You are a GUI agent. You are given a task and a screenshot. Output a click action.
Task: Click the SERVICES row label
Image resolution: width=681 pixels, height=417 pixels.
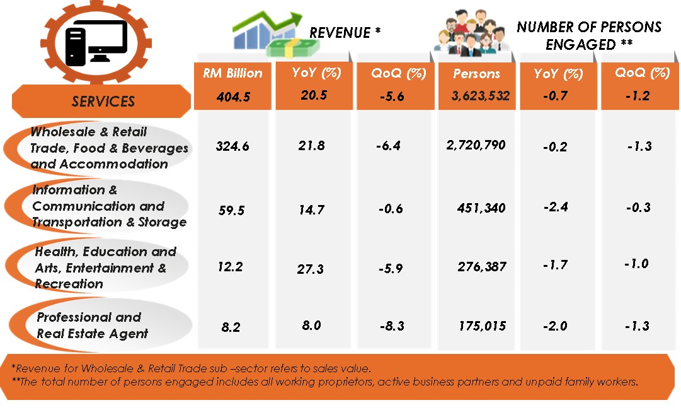click(103, 101)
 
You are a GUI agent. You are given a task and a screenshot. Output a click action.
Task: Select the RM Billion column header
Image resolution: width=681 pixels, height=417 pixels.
click(232, 73)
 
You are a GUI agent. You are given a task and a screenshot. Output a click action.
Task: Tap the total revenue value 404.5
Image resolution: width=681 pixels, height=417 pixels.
click(232, 97)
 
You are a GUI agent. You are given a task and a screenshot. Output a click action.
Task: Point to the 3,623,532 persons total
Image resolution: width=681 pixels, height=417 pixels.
click(476, 97)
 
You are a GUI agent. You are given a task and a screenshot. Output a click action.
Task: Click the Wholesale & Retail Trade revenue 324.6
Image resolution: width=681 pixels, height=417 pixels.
click(232, 146)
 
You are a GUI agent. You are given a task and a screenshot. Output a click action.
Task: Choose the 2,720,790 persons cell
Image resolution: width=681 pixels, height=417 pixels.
click(476, 145)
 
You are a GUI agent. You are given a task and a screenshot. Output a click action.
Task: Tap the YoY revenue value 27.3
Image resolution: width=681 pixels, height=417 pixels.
click(311, 269)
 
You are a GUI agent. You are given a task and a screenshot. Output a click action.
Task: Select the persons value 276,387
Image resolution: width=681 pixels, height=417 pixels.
click(481, 267)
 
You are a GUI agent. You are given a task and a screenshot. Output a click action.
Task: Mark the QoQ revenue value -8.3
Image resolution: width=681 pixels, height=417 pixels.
click(392, 327)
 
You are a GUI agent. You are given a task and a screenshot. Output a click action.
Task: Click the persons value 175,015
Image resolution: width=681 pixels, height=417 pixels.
click(483, 326)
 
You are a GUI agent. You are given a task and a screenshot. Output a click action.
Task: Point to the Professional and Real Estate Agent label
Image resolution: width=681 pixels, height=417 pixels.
click(92, 326)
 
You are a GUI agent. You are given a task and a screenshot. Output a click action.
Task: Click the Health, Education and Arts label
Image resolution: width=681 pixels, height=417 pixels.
click(105, 267)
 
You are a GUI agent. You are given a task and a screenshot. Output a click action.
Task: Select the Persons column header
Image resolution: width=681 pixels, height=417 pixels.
click(476, 73)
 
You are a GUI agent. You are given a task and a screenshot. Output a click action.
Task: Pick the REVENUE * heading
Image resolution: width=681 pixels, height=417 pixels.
click(345, 33)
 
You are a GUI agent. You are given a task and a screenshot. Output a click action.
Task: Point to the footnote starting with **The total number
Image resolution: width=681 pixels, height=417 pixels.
click(325, 382)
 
